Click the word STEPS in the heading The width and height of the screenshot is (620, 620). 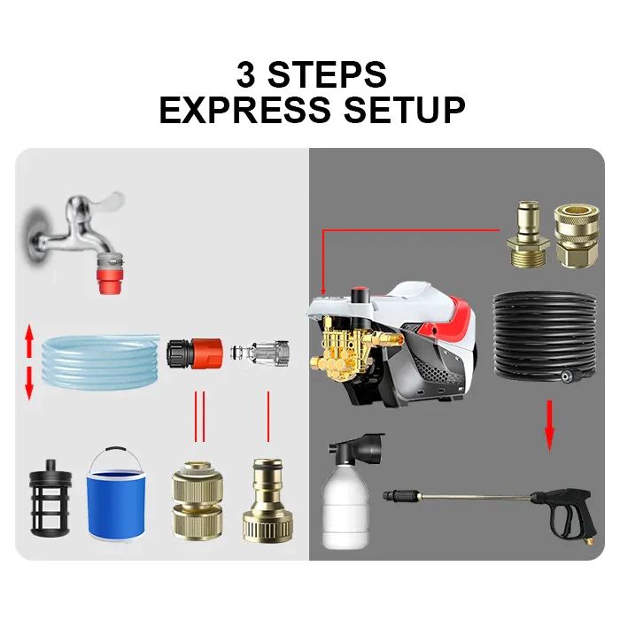click(x=327, y=74)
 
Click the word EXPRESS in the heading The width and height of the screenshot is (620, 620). click(x=244, y=110)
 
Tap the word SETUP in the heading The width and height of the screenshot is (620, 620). click(x=405, y=110)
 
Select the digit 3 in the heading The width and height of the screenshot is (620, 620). click(x=246, y=74)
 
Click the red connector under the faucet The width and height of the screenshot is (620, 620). click(x=110, y=280)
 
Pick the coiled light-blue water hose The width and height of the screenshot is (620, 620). click(x=100, y=361)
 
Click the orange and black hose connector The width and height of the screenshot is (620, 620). click(x=194, y=353)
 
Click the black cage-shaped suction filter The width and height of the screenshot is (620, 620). click(x=50, y=498)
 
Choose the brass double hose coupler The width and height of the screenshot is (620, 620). click(x=198, y=500)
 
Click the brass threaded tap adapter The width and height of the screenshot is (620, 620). click(x=267, y=500)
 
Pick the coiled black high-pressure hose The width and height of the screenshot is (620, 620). click(x=545, y=336)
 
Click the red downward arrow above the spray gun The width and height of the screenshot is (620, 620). click(x=549, y=426)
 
